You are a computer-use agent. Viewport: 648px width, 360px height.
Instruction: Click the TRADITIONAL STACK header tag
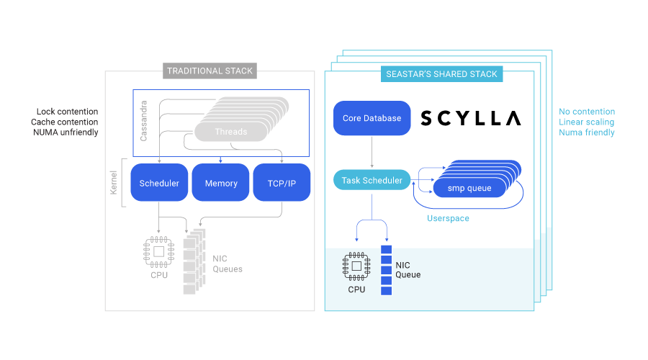tap(210, 71)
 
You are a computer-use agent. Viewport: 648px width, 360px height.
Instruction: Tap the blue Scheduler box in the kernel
tap(159, 183)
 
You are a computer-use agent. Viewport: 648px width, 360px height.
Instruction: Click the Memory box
tap(220, 183)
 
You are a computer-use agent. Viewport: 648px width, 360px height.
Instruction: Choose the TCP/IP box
tap(281, 183)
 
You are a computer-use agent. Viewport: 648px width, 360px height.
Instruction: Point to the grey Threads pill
tap(230, 132)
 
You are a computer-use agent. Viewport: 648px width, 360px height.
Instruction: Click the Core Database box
tap(372, 118)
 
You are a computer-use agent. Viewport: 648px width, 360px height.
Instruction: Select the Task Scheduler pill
tap(372, 180)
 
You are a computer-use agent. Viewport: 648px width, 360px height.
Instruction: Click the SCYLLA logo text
tap(470, 118)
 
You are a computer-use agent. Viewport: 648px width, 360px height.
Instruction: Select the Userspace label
tap(448, 217)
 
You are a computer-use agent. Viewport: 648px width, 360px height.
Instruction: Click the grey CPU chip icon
tap(158, 250)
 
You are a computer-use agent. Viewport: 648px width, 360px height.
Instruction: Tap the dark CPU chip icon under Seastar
tap(356, 266)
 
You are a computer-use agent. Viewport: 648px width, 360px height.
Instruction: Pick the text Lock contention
tap(67, 112)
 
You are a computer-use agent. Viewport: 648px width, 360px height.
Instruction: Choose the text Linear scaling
tap(586, 122)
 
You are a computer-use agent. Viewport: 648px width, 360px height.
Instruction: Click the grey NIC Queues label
tap(227, 264)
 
